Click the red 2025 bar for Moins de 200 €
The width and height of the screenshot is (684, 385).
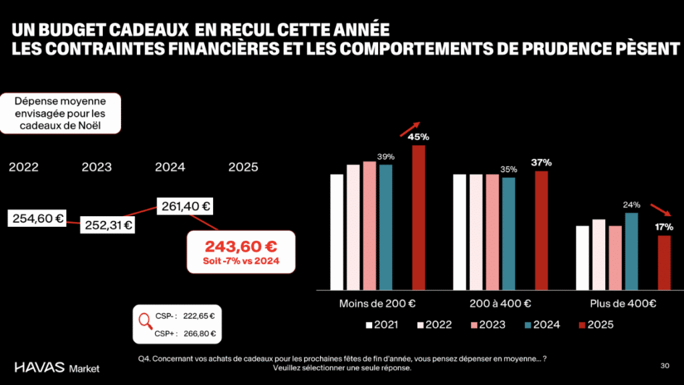click(x=418, y=217)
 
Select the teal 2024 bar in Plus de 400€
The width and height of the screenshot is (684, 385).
click(x=631, y=250)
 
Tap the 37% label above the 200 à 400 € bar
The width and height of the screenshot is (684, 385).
click(x=541, y=162)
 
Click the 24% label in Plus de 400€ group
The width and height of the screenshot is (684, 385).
click(x=631, y=205)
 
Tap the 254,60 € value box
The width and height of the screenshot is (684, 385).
click(x=37, y=218)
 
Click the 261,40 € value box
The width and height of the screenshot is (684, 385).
click(x=185, y=206)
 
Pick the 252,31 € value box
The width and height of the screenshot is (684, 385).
click(x=108, y=225)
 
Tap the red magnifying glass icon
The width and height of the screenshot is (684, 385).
click(x=145, y=321)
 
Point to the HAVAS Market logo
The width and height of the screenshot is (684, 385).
click(x=56, y=367)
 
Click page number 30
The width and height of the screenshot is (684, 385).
click(x=664, y=365)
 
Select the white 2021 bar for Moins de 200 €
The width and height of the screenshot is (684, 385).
click(x=337, y=232)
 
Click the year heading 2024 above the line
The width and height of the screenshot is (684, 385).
click(x=170, y=167)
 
